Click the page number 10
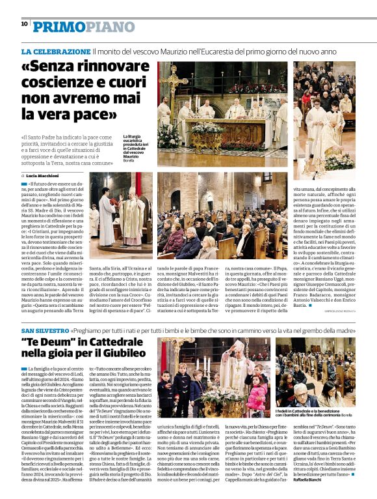[25, 23]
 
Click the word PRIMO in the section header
[58, 25]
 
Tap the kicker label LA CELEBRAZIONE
[56, 51]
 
